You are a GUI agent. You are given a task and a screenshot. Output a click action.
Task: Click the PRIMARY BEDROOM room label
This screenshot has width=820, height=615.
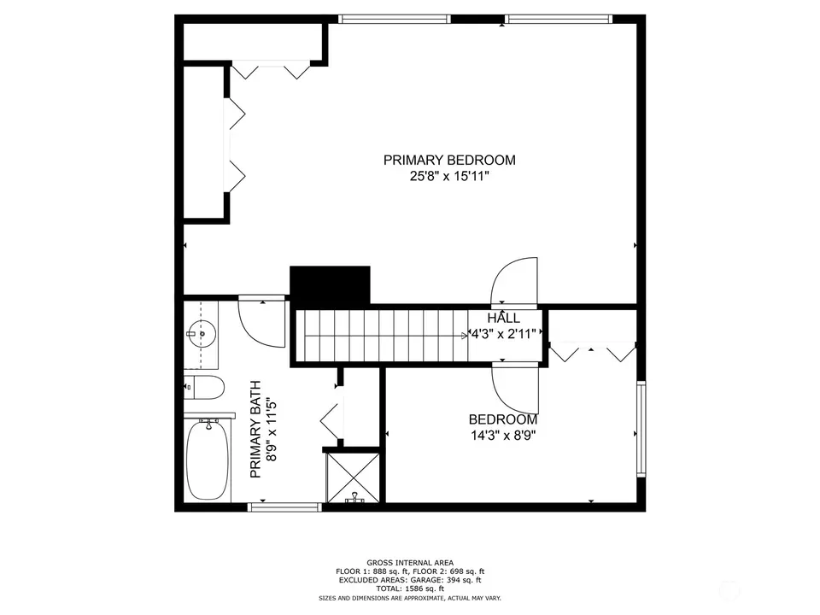[449, 160]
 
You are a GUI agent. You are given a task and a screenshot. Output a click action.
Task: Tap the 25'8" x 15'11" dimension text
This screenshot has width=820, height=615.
[449, 176]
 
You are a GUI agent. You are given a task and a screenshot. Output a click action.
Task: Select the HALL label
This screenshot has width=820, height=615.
[504, 318]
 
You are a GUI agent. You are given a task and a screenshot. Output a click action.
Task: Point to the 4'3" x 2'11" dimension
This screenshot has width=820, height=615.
[504, 334]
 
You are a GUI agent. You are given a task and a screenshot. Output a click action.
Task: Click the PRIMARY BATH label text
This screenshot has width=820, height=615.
[255, 430]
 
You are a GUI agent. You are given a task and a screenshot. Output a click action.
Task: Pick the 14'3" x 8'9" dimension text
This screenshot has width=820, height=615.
[503, 435]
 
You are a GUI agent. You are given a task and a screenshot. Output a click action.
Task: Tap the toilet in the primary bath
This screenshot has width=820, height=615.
[204, 388]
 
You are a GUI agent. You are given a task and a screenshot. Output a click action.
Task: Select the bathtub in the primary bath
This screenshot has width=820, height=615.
[208, 460]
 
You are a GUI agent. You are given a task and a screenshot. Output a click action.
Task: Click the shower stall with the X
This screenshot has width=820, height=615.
[353, 477]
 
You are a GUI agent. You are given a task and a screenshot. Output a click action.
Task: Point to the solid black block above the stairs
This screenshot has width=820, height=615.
[330, 286]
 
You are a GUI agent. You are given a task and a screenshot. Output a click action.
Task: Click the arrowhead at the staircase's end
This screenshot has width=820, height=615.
[466, 336]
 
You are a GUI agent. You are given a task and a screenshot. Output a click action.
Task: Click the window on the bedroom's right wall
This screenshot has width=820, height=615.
[641, 429]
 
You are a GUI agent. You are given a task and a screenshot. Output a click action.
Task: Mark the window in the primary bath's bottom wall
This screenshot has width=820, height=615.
[284, 507]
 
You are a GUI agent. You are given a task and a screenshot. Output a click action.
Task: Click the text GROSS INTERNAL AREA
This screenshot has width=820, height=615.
[410, 563]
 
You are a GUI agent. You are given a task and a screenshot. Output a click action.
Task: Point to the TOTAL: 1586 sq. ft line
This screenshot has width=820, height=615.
[410, 589]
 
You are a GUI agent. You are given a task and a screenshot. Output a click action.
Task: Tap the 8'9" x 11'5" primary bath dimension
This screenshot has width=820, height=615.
[271, 430]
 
